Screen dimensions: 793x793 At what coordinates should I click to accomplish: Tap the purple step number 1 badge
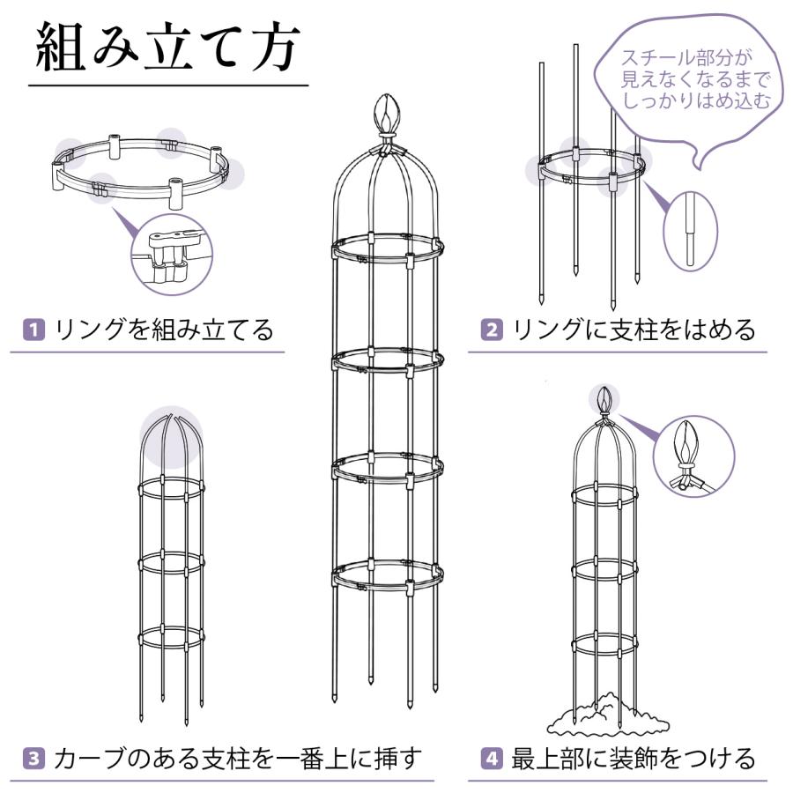pos(33,330)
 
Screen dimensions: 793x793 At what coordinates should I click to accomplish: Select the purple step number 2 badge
pos(491,330)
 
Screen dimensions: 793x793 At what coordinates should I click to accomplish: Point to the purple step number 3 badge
pos(33,757)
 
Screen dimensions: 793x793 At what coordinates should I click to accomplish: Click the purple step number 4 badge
pos(491,757)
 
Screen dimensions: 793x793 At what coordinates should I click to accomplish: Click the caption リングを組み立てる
pos(164,330)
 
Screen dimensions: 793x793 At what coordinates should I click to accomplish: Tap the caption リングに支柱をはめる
pos(634,330)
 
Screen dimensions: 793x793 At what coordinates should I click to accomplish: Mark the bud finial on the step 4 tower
pos(604,402)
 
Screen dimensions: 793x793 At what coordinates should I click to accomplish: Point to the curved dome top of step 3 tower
pos(168,441)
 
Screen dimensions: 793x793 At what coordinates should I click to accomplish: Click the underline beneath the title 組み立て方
pos(167,85)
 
